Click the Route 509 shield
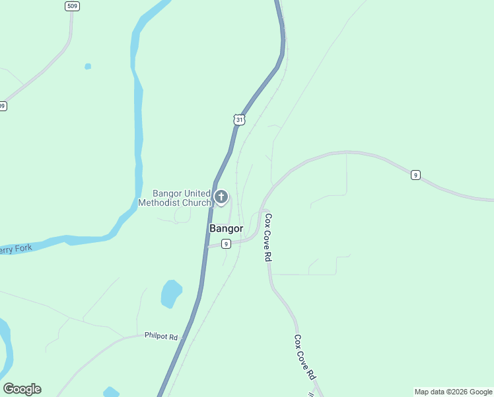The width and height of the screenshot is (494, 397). click(72, 6)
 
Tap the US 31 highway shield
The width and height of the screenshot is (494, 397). click(239, 119)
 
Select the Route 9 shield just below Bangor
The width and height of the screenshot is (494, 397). click(226, 243)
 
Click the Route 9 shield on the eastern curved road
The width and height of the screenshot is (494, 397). click(415, 175)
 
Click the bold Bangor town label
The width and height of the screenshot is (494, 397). click(226, 229)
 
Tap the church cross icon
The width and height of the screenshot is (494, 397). click(221, 197)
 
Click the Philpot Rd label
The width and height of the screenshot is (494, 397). click(161, 336)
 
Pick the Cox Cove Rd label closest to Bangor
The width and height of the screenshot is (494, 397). click(268, 237)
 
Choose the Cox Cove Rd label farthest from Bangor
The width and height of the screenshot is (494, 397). click(304, 357)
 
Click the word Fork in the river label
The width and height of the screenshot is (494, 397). click(19, 249)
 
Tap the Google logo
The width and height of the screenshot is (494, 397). click(22, 389)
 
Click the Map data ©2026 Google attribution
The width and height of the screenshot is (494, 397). click(453, 392)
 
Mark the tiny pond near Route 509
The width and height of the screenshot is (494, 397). click(88, 66)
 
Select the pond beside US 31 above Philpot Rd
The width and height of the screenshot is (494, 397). click(171, 293)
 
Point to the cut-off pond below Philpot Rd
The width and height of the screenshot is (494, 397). click(111, 392)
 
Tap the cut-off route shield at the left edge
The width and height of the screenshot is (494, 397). click(3, 106)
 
